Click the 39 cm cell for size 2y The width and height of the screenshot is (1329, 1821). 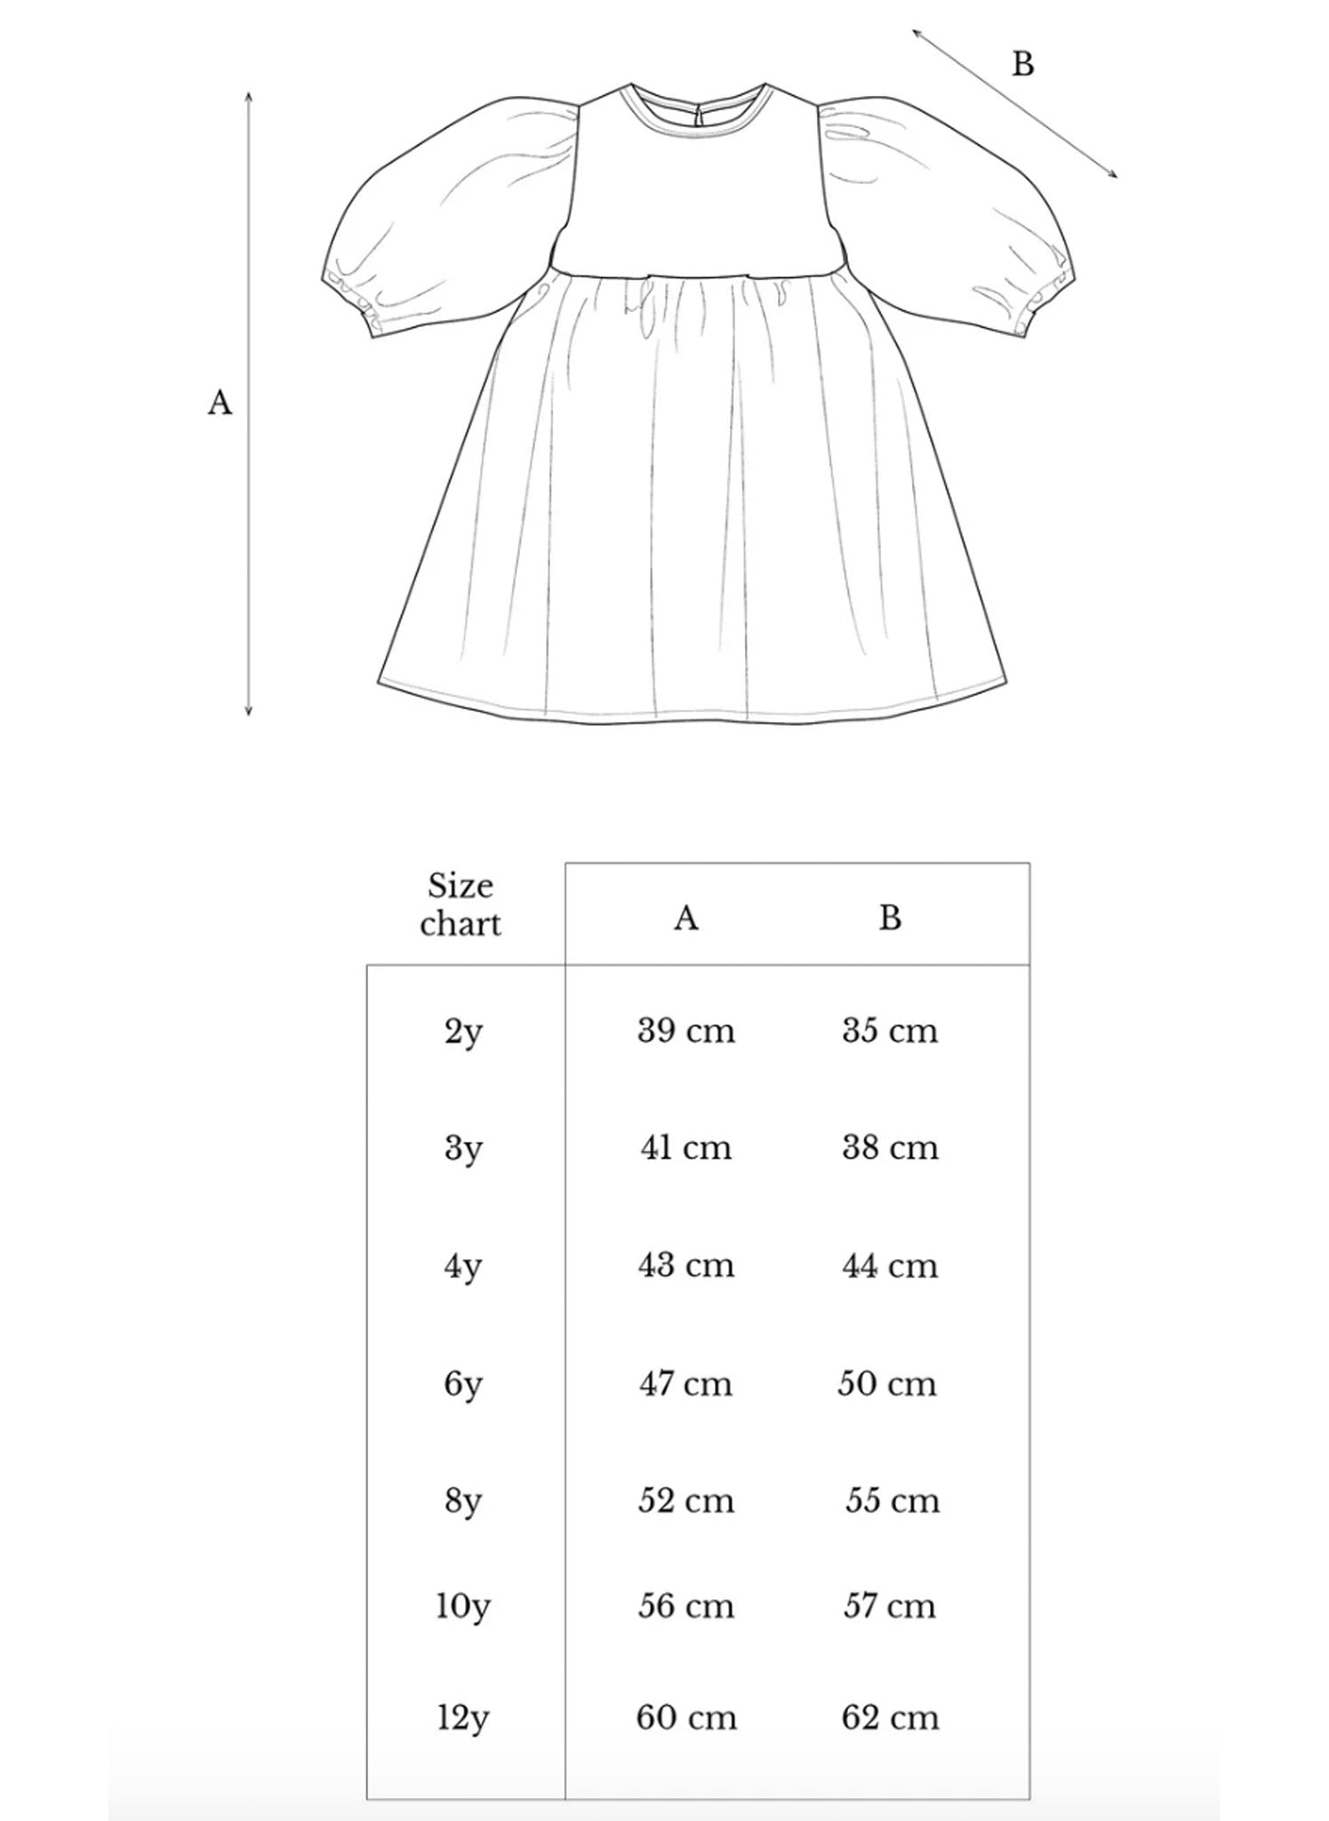click(685, 1031)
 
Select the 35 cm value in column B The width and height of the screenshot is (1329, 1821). click(890, 1031)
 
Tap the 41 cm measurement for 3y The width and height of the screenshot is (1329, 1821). click(685, 1147)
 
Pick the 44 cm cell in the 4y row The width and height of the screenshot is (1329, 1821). click(890, 1265)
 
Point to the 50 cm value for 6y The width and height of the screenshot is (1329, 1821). click(887, 1384)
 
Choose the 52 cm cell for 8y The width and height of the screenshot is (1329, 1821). click(685, 1501)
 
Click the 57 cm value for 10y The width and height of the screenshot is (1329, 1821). click(890, 1606)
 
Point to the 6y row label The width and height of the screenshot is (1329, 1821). click(463, 1385)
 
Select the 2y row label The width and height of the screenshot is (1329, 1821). click(463, 1032)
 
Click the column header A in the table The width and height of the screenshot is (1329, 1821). click(685, 918)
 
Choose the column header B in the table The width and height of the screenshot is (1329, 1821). click(890, 918)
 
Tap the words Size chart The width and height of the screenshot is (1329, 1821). click(460, 905)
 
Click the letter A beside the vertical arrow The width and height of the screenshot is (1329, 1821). click(220, 403)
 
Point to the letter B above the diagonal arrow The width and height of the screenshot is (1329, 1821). click(1023, 64)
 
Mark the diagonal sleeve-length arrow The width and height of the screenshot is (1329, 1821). click(1014, 103)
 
